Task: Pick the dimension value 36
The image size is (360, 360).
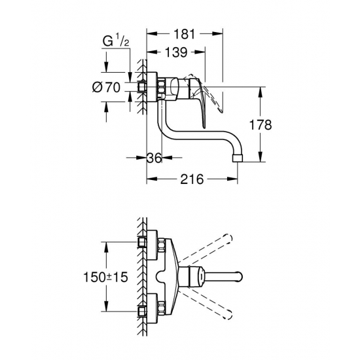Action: click(154, 157)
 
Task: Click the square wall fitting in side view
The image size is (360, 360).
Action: click(143, 86)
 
